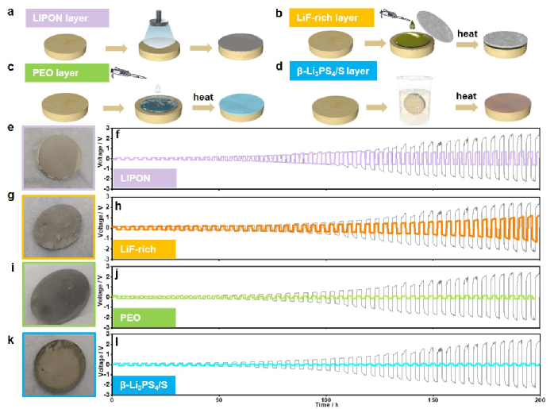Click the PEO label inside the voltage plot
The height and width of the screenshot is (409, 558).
[143, 317]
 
